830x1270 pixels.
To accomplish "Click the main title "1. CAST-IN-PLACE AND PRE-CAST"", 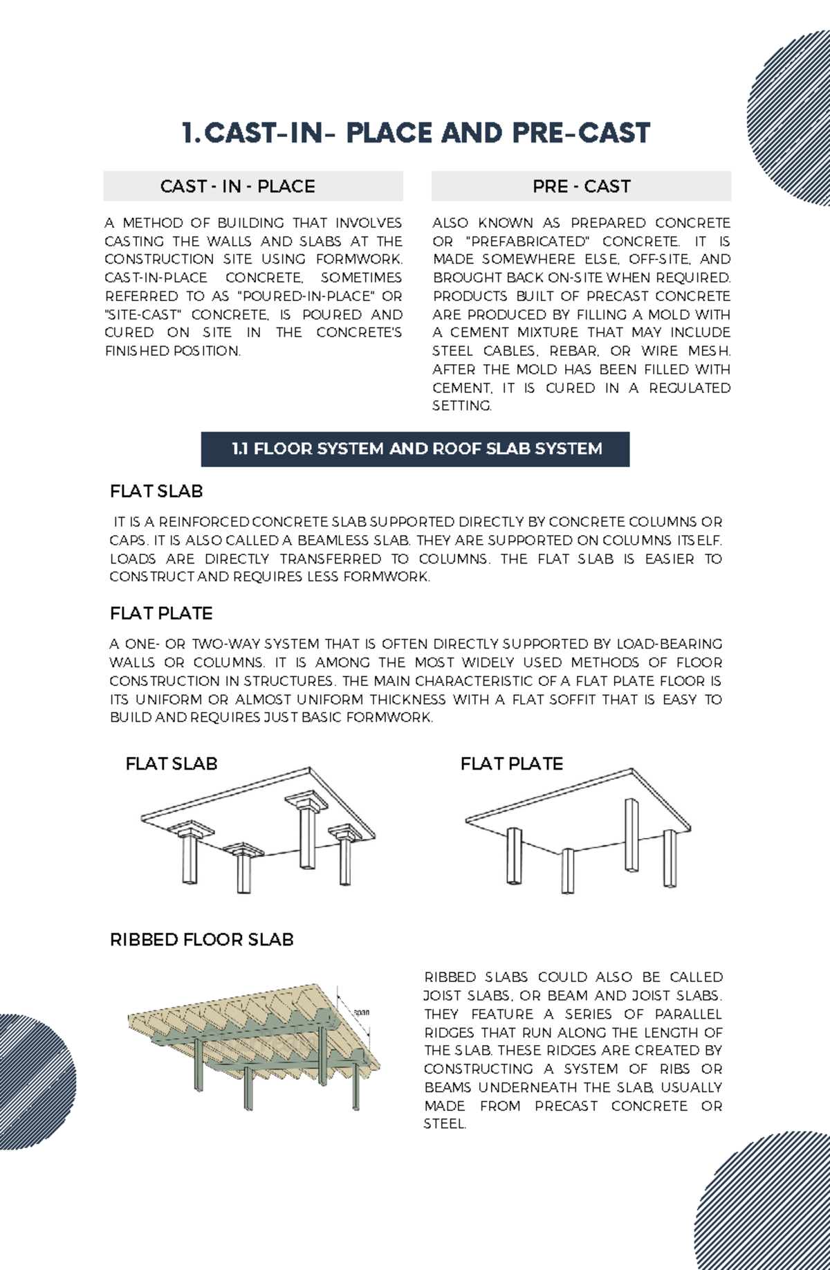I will [x=415, y=133].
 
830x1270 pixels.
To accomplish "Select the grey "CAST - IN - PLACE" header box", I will [x=252, y=186].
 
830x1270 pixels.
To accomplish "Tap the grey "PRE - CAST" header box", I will [x=581, y=186].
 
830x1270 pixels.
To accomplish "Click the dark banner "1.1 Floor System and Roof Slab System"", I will [x=415, y=448].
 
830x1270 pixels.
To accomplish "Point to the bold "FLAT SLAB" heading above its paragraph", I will [x=156, y=491].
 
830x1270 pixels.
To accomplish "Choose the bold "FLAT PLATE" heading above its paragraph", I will [x=161, y=613].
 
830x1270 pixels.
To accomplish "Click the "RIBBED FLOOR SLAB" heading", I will [x=201, y=939].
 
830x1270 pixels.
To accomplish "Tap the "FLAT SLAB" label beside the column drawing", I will [x=172, y=763].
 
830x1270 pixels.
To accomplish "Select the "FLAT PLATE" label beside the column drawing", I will [x=512, y=763].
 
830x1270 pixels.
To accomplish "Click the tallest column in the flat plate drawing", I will [x=631, y=835].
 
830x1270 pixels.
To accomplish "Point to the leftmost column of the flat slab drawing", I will [x=189, y=858].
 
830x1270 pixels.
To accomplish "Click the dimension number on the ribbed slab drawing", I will [x=361, y=1013].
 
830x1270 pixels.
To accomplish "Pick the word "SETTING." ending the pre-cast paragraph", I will [x=462, y=406].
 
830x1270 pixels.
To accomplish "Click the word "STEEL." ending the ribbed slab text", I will [x=445, y=1124].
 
